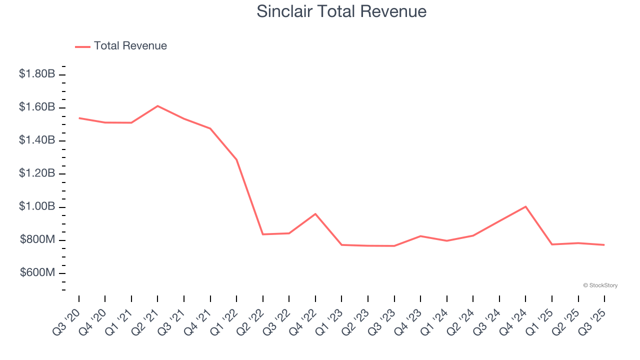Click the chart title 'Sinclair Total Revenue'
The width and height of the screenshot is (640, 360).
pos(341,11)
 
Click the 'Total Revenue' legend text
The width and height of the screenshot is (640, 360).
pos(130,46)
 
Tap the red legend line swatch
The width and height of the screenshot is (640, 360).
pos(82,46)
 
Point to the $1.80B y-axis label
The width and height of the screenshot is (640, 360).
pos(37,74)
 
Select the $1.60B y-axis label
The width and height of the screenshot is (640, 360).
pos(37,107)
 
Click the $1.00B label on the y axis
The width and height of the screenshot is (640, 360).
pos(37,206)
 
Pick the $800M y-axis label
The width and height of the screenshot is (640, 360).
pos(37,239)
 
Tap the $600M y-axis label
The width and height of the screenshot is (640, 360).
pos(37,272)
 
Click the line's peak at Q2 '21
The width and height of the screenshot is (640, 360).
pos(157,106)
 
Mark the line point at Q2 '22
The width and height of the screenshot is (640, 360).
pos(263,234)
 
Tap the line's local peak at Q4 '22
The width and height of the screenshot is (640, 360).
pos(315,214)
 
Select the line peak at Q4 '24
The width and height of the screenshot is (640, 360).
pos(525,206)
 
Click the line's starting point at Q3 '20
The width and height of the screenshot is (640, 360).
pos(79,118)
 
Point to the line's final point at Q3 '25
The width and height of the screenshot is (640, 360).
pos(604,244)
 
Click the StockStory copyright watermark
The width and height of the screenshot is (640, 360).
pos(600,285)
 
